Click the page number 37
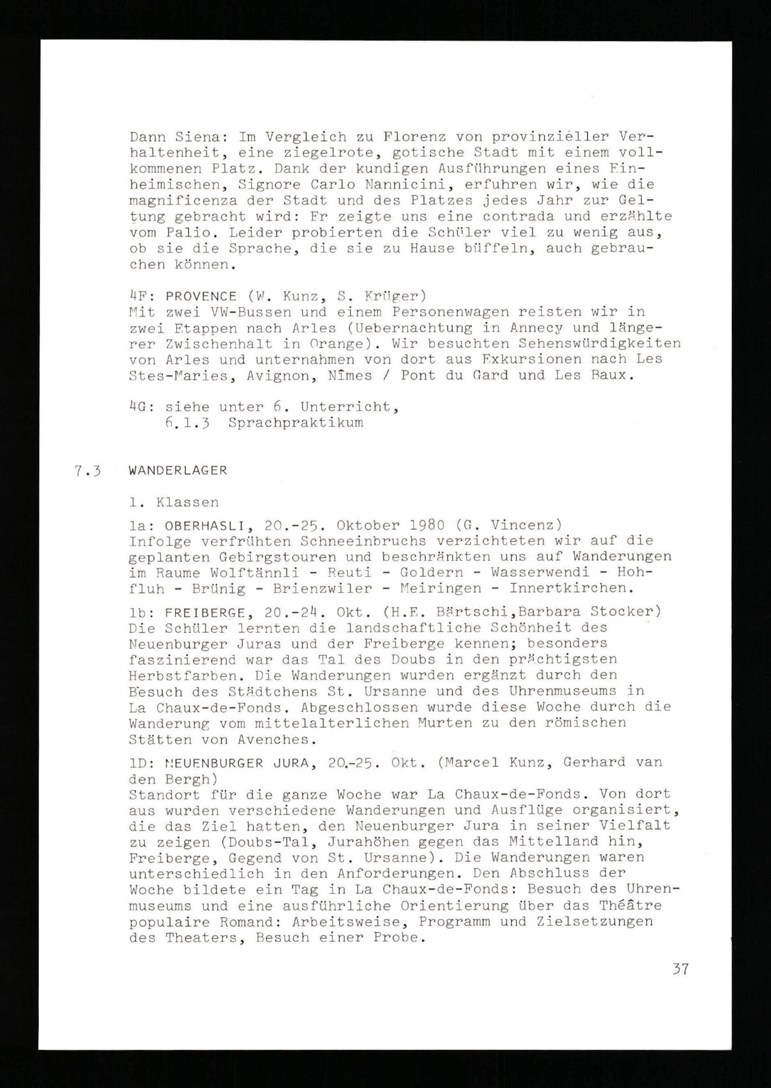(x=680, y=968)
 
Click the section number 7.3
(x=88, y=471)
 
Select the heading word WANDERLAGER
(x=178, y=470)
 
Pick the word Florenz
(x=414, y=137)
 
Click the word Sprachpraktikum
(x=295, y=423)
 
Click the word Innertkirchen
(x=571, y=589)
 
